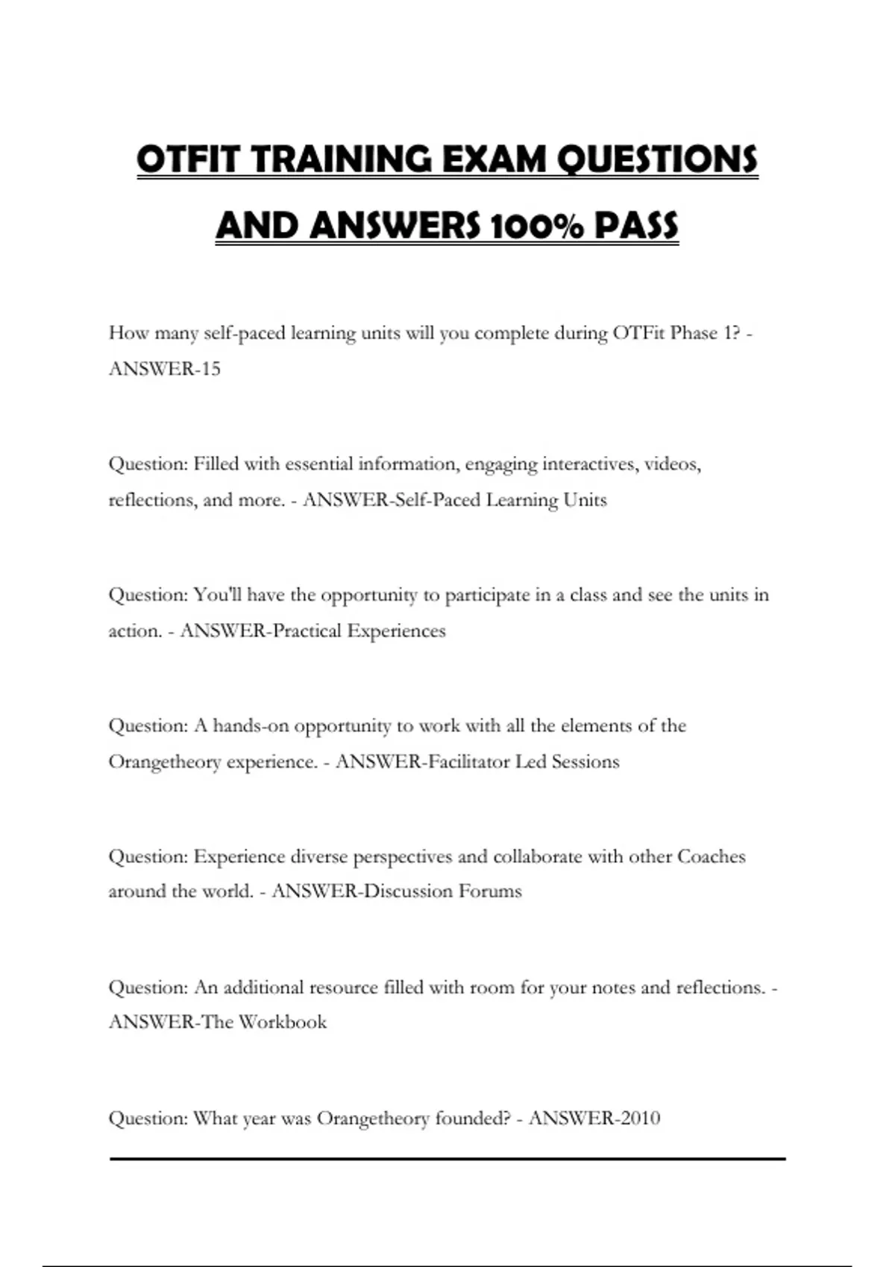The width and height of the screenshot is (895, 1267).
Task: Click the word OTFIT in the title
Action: [189, 160]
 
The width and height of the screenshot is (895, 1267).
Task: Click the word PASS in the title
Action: [636, 226]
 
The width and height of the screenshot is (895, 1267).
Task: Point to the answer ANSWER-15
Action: [165, 369]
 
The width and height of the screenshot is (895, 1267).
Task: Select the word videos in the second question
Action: [672, 464]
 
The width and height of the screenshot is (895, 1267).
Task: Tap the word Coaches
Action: [711, 856]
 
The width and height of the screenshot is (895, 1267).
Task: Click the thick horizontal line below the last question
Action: [447, 1159]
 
